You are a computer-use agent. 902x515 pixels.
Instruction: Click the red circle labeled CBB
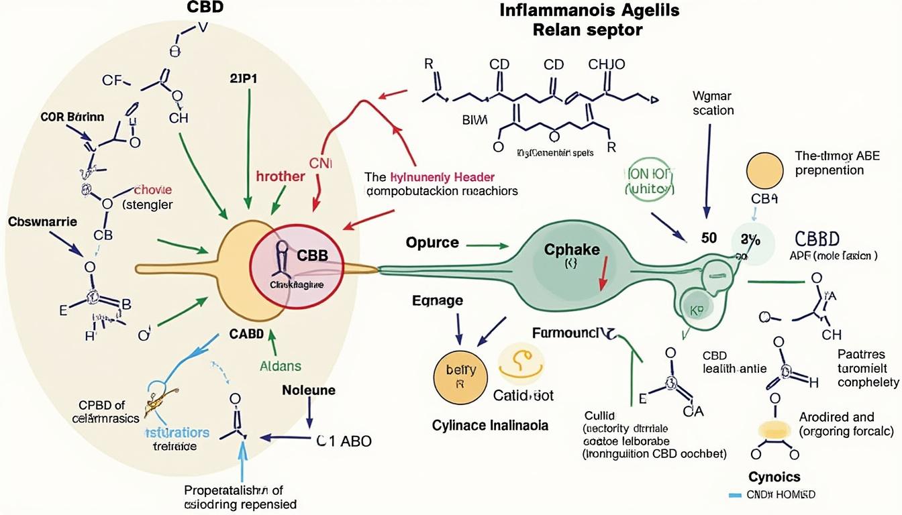tap(295, 268)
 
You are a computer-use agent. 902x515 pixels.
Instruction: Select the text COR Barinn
tap(73, 117)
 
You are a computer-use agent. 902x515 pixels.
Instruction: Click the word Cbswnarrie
tap(42, 221)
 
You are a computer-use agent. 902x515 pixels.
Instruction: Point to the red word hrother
tap(281, 176)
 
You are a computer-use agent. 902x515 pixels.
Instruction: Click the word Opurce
tap(432, 242)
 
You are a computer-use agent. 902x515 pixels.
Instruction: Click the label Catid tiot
tap(523, 396)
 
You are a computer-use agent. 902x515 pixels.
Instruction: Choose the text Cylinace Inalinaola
tap(490, 425)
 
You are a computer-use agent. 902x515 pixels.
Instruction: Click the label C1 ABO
tap(343, 441)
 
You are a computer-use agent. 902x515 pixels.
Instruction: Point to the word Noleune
tap(309, 390)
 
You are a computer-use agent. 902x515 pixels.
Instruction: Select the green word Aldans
tap(281, 366)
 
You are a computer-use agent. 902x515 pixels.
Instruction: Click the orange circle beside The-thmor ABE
tap(764, 170)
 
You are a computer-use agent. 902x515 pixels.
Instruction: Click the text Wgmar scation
tap(713, 103)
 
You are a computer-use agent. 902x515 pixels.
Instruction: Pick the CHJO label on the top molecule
tap(607, 65)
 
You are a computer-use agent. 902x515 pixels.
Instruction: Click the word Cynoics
tap(775, 476)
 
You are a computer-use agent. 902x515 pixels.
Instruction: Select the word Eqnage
tap(437, 300)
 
